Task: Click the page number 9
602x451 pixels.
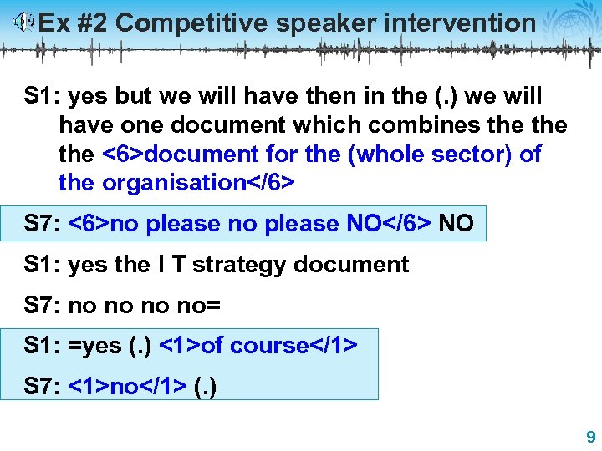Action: pyautogui.click(x=590, y=437)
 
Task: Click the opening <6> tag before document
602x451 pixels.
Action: pyautogui.click(x=122, y=155)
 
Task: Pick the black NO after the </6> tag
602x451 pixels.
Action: pyautogui.click(x=456, y=224)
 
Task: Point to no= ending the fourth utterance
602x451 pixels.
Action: pyautogui.click(x=202, y=306)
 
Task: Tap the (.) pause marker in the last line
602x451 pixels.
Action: pyautogui.click(x=204, y=387)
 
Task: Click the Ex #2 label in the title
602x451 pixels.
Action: pyautogui.click(x=74, y=23)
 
